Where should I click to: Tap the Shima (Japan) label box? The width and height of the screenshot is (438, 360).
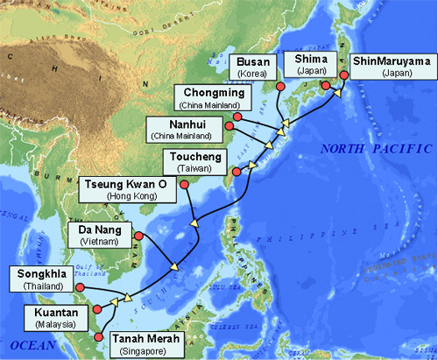pos(306,64)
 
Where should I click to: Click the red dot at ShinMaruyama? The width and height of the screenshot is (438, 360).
pos(344,75)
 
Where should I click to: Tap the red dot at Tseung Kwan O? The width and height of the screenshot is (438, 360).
pos(184,183)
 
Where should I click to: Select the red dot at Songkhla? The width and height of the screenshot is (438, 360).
pos(80,286)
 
